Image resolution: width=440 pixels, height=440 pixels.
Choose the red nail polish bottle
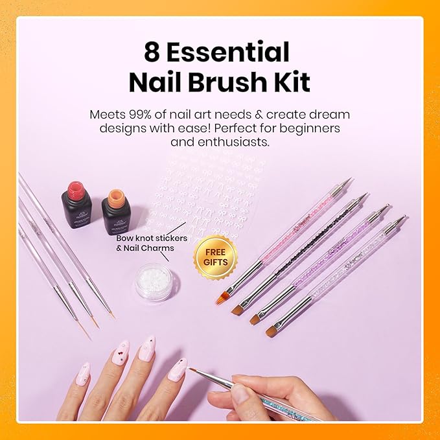click(77, 203)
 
